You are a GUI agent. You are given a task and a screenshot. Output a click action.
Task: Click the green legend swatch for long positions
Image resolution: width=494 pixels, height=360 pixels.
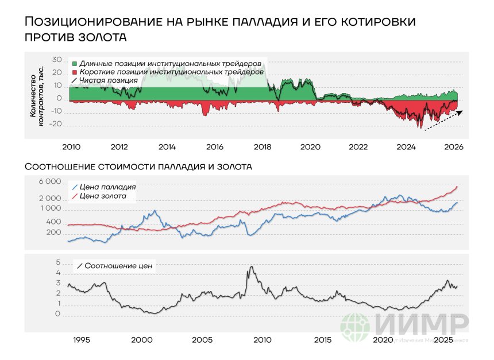click(x=74, y=63)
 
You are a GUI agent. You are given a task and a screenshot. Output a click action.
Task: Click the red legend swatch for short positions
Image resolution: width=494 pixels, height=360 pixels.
click(x=74, y=72)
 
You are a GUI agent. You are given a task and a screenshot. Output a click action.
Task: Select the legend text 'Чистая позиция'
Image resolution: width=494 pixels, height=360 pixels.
click(x=109, y=81)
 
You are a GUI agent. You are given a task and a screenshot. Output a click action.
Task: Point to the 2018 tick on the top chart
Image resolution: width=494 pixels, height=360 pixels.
click(x=262, y=147)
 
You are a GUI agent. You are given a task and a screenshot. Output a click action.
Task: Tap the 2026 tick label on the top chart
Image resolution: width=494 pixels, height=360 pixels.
click(x=453, y=147)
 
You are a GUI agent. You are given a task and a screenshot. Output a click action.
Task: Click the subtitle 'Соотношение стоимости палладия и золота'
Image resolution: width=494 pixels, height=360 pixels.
click(x=138, y=167)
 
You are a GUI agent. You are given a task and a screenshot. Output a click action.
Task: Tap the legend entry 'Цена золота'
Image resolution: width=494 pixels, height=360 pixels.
click(x=103, y=197)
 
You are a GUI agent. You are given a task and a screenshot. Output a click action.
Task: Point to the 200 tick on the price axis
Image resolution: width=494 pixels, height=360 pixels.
click(x=53, y=233)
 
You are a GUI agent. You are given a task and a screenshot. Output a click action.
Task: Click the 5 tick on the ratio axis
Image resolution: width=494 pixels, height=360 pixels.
click(x=58, y=262)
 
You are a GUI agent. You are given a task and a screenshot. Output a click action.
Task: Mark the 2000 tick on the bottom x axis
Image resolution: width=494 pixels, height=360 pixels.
click(x=141, y=340)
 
